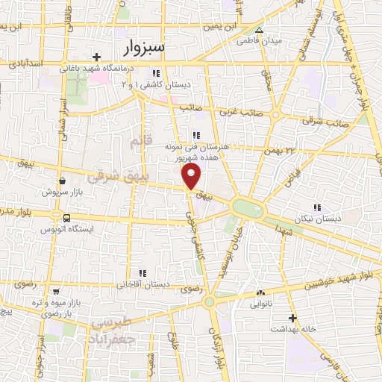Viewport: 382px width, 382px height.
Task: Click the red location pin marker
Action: (x=192, y=177)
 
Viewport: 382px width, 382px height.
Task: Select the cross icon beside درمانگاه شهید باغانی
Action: (x=96, y=57)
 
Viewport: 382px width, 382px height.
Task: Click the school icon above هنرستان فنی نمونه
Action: (x=196, y=135)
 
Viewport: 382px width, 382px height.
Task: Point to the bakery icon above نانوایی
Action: (x=260, y=293)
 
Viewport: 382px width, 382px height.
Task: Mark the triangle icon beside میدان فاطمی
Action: (x=259, y=31)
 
